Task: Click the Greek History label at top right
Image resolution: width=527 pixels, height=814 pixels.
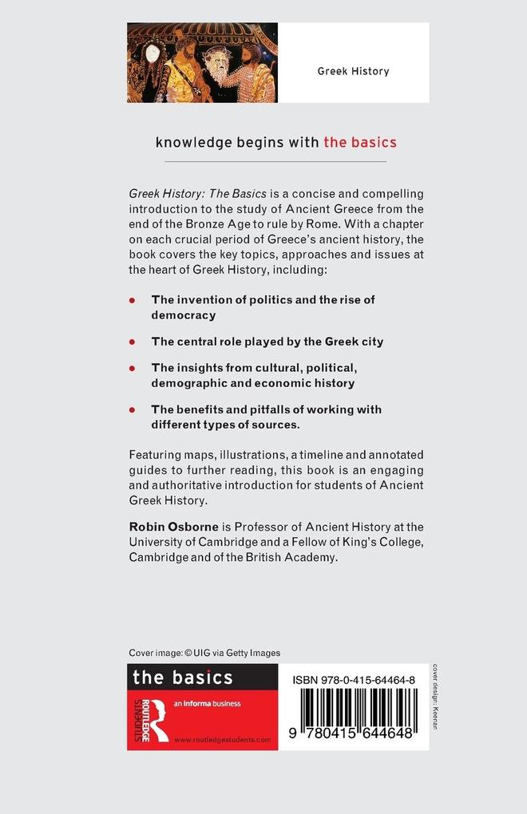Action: pos(353,71)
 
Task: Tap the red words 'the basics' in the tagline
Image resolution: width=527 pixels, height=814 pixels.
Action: pos(359,143)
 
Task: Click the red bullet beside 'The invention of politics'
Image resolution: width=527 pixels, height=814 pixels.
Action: pos(133,300)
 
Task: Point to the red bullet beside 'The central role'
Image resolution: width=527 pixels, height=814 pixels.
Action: pos(133,342)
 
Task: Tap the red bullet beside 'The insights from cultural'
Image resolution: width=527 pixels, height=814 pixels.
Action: pos(133,368)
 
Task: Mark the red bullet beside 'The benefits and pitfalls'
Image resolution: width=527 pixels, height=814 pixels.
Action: pos(133,410)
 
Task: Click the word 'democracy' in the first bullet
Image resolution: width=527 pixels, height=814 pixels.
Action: pos(184,315)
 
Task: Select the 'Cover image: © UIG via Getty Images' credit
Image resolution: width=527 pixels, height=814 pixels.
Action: pos(204,652)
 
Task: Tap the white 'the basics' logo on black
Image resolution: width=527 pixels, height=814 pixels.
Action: pos(182,678)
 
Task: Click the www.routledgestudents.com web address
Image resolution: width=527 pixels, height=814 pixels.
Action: pos(222,740)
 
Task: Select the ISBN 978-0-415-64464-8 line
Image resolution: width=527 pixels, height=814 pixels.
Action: pos(354,679)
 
